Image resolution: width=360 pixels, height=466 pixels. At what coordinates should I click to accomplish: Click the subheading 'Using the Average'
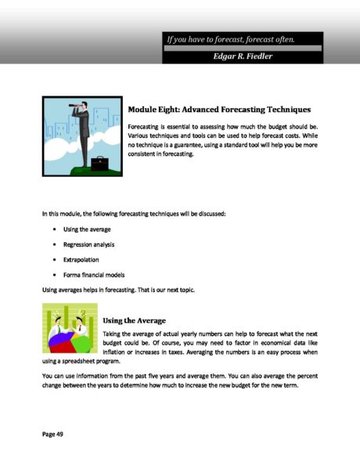point(134,320)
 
